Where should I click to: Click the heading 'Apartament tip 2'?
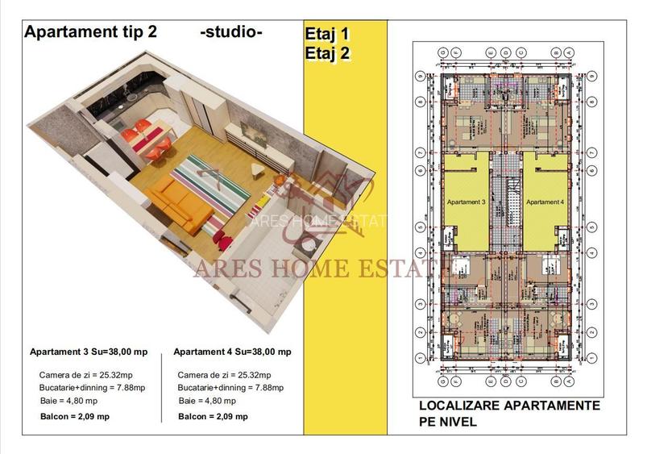[91, 32]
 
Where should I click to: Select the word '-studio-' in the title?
[230, 32]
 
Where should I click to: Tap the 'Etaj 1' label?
[327, 35]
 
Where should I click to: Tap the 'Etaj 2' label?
[327, 53]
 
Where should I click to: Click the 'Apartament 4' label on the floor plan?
[545, 202]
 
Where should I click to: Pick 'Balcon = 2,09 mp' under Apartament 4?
[213, 416]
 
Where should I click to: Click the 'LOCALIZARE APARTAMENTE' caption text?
[509, 406]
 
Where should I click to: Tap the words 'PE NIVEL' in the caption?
[447, 422]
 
